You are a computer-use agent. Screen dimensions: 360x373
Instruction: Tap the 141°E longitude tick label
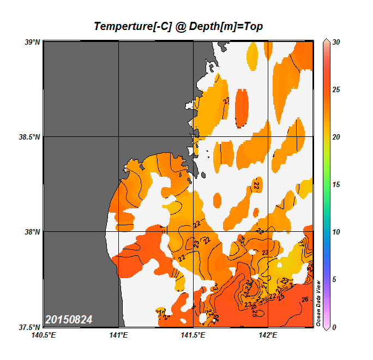118,335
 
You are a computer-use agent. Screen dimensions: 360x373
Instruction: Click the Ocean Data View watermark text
319,303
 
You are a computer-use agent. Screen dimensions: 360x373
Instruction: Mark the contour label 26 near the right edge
305,299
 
